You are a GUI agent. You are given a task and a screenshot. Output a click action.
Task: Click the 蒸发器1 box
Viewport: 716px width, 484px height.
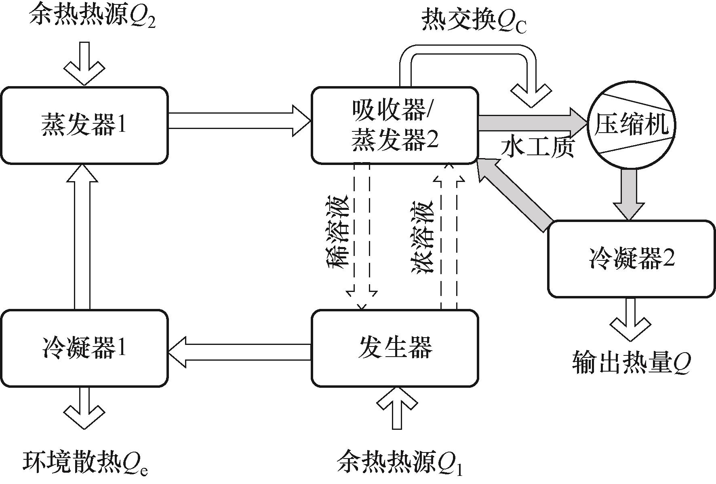click(84, 125)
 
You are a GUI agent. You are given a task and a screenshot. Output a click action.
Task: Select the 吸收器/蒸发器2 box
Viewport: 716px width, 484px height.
click(395, 125)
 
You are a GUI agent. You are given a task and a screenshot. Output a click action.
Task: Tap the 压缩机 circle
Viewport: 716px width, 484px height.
click(631, 125)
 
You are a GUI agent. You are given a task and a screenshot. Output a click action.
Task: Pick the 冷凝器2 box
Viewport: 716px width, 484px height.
click(631, 259)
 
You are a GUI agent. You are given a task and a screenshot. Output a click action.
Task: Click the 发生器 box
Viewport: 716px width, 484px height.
click(395, 348)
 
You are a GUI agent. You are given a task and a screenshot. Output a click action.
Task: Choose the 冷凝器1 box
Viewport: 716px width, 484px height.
click(84, 348)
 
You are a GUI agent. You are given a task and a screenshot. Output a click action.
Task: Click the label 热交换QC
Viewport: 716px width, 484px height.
click(474, 20)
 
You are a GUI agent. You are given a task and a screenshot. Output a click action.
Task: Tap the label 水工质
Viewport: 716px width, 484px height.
click(537, 148)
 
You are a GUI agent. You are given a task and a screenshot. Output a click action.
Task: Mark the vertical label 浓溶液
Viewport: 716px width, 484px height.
click(423, 237)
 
